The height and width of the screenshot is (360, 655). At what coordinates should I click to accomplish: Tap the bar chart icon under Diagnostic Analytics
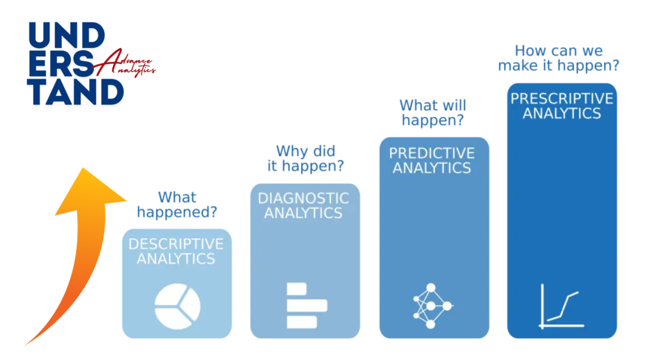point(306,305)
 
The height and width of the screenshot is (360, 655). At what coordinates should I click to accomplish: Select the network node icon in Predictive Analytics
point(430,305)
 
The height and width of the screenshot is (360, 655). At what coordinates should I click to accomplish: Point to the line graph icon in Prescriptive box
point(561,306)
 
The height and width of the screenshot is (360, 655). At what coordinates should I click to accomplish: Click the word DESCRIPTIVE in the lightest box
point(176,244)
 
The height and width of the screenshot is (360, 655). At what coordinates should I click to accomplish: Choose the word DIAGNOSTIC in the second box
point(304,198)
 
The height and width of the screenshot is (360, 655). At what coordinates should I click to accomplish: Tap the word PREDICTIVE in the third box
point(432,153)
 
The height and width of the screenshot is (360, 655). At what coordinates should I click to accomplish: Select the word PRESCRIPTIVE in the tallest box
point(561,99)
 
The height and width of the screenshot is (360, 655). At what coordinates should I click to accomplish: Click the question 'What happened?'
point(177,205)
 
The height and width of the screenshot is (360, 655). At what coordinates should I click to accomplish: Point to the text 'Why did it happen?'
point(305,159)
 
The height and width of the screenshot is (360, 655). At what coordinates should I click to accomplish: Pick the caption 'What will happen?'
point(432,113)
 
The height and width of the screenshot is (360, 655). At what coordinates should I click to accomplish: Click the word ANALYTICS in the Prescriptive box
point(562,114)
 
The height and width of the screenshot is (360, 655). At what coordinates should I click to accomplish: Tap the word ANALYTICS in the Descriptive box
point(176,259)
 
